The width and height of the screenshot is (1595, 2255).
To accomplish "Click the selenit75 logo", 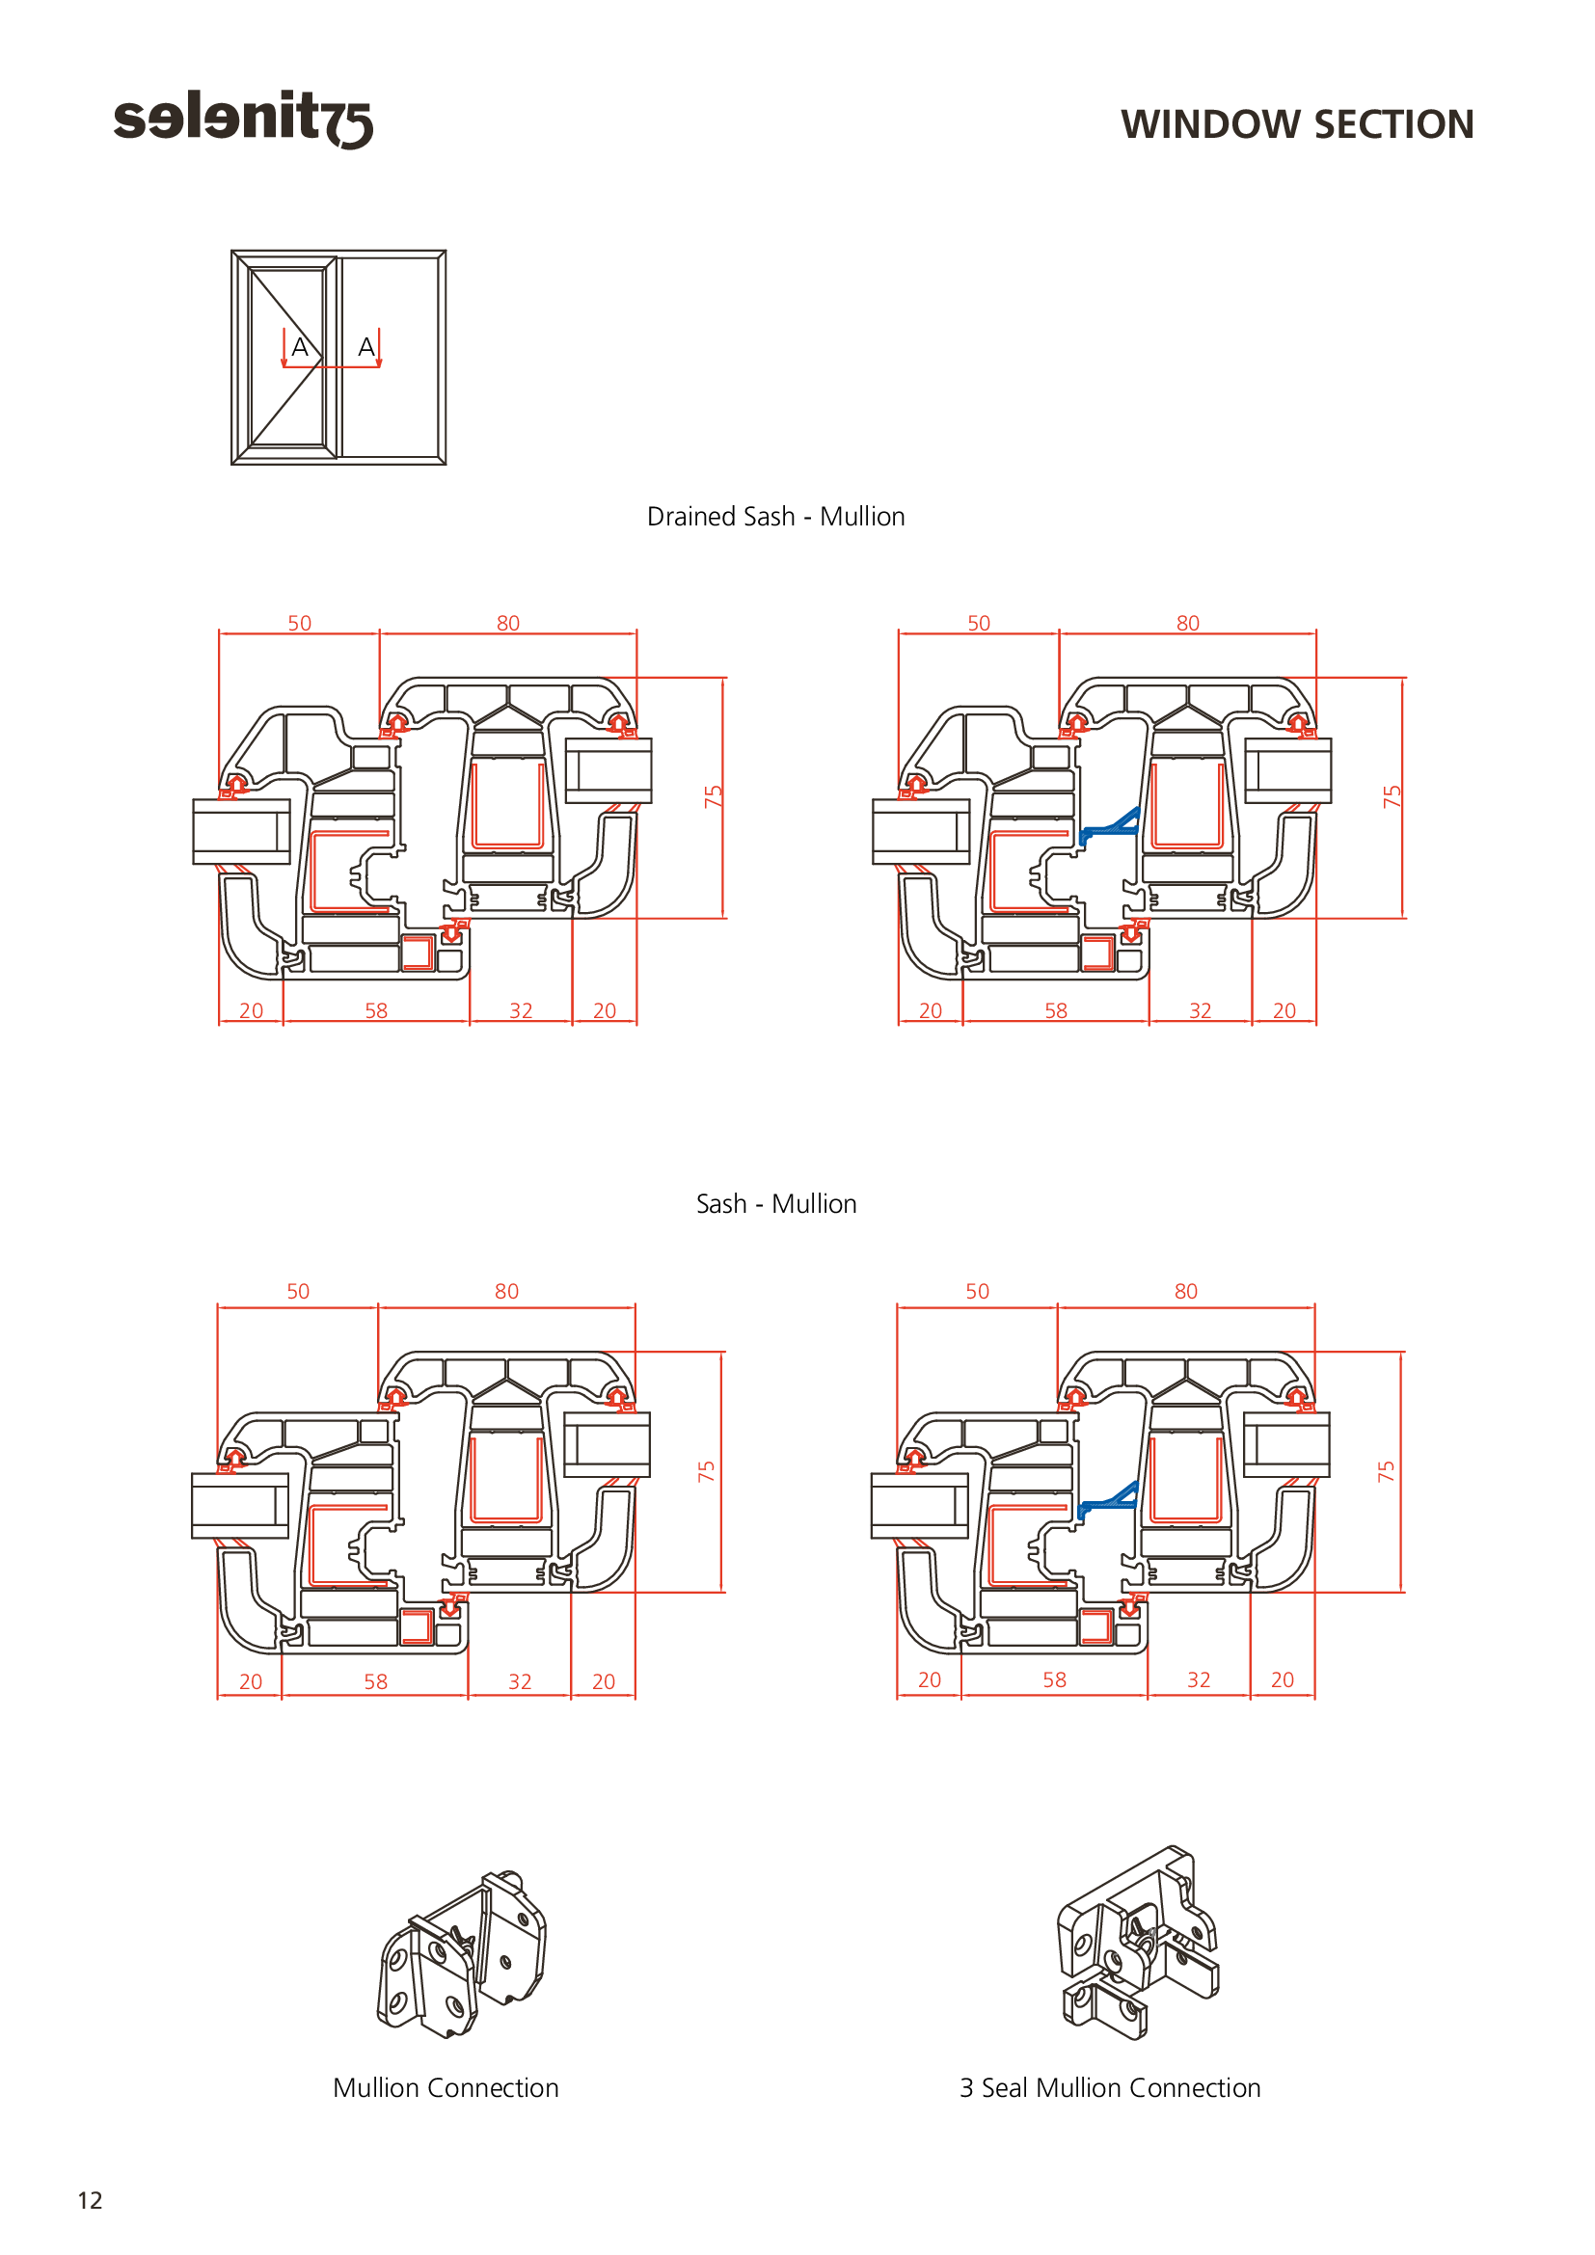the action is (243, 119).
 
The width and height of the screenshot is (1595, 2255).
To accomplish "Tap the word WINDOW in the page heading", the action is (1210, 124).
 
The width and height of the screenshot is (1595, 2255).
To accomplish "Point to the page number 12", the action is (90, 2200).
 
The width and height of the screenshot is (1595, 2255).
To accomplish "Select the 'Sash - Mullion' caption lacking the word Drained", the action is (776, 1204).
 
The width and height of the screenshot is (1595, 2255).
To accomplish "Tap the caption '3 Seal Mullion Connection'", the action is (1110, 2087).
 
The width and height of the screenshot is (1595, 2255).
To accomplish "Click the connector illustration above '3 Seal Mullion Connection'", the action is (1137, 1946).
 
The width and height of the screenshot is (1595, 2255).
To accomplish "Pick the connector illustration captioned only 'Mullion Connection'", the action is (461, 1954).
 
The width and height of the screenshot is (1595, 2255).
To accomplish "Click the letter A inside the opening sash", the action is (301, 347).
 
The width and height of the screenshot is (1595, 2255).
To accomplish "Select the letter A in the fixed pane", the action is (366, 347).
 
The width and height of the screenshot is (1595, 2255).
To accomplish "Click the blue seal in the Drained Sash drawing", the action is (1109, 827).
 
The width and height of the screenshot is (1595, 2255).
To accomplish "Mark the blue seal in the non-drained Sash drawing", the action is (1108, 1500).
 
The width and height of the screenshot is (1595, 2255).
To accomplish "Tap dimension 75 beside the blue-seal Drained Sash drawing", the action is (1391, 796).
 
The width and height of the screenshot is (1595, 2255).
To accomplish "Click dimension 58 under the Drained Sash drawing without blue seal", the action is (376, 1010).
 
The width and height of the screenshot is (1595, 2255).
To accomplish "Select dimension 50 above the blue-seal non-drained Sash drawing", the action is (977, 1292).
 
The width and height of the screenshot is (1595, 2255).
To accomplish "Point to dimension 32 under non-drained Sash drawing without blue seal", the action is (520, 1681).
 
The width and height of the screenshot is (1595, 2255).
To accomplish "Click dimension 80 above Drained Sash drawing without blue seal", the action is (508, 623).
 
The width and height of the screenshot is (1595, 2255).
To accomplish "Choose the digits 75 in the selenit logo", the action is (349, 123).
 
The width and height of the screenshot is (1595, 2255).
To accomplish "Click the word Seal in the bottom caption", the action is (1005, 2087).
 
